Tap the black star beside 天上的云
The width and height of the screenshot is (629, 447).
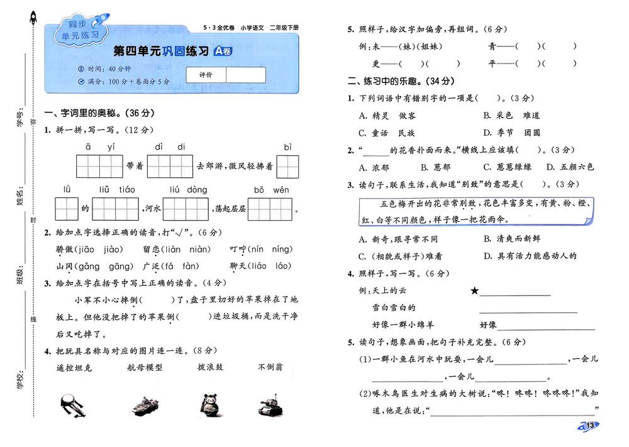pos(474,290)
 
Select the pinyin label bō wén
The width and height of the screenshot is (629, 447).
pos(271,190)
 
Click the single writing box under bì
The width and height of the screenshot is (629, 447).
pos(287,167)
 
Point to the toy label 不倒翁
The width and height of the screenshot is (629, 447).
pos(270,367)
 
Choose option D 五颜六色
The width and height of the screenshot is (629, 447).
pos(570,167)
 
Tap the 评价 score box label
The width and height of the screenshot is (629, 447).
pos(206,75)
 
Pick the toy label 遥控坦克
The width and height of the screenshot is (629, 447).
pos(74,368)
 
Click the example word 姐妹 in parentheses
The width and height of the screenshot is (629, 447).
pos(428,47)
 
